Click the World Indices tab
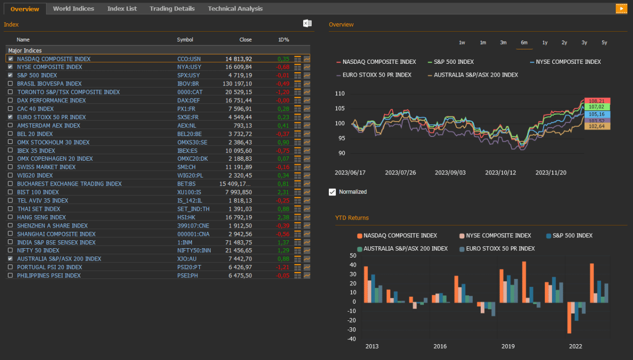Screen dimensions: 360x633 [73, 8]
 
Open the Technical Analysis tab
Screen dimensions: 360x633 [235, 8]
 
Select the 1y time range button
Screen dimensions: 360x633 [544, 43]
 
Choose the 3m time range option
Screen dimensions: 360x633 [503, 43]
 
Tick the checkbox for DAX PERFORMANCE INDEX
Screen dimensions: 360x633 [11, 100]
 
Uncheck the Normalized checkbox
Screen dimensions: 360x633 [332, 192]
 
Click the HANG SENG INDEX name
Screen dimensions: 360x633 [42, 217]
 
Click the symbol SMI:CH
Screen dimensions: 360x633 [186, 167]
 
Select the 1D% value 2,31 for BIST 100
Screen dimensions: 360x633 [283, 192]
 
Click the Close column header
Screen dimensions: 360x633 [245, 40]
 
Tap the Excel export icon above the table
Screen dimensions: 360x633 [307, 23]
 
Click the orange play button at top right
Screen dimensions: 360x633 [621, 8]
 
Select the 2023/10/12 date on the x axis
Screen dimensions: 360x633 [500, 173]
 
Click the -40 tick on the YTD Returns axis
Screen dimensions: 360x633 [352, 339]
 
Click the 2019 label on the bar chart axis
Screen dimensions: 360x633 [508, 346]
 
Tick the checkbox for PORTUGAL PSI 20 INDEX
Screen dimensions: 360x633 [11, 267]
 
